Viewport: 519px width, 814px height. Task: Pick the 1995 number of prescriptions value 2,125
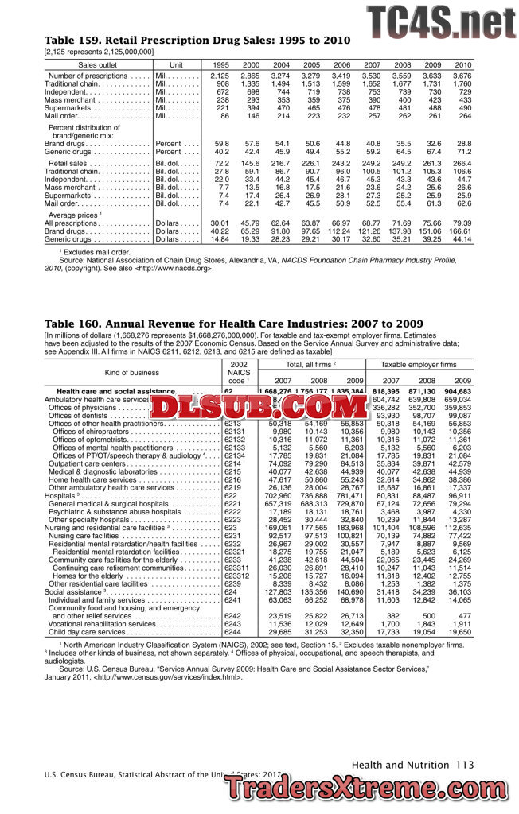[x=220, y=76]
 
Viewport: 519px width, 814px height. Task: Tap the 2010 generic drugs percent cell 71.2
[x=462, y=151]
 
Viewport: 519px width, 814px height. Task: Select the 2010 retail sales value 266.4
[x=461, y=163]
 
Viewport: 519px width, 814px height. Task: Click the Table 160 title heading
[x=234, y=324]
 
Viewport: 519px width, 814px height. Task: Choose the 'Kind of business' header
[x=132, y=372]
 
